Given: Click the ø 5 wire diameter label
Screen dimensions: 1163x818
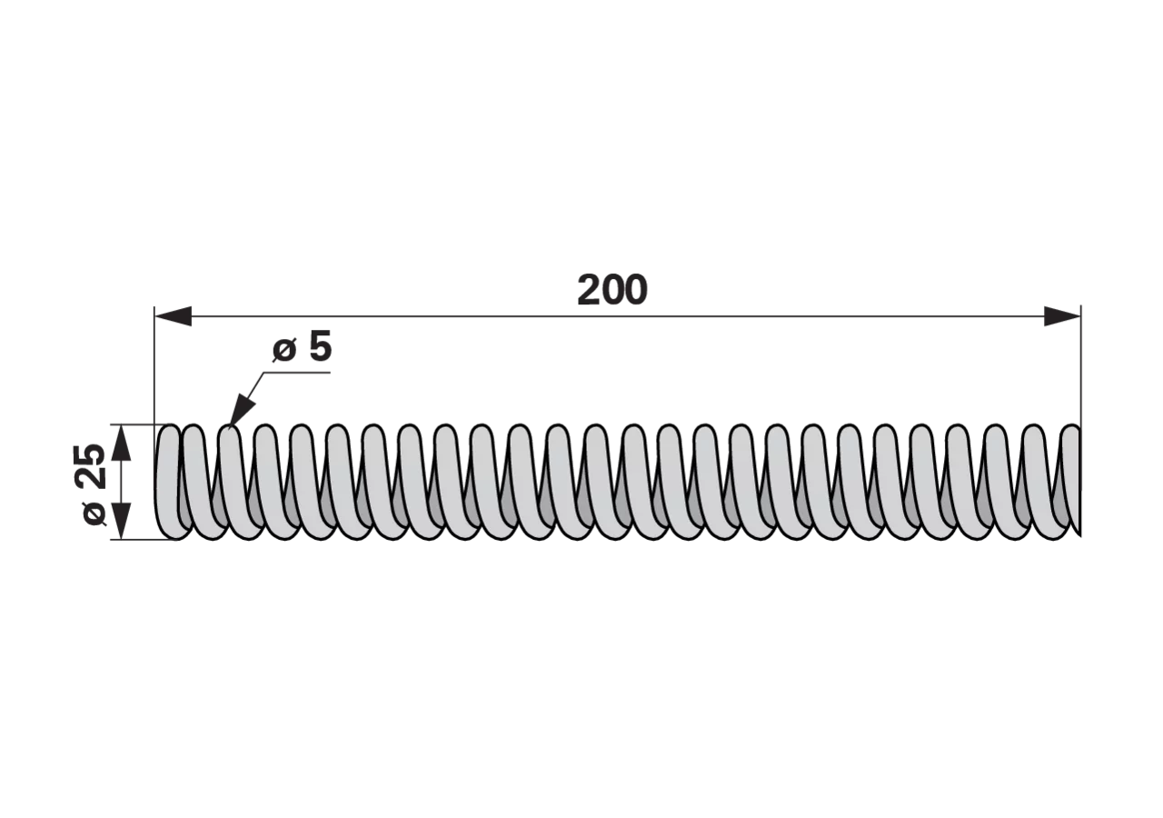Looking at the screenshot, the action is coord(302,348).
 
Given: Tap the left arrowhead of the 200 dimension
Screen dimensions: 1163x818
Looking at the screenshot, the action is coord(173,315).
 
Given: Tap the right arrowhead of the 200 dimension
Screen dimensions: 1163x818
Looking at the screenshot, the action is coord(1062,315).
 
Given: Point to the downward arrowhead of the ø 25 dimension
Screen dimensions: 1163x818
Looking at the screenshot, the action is coord(120,521).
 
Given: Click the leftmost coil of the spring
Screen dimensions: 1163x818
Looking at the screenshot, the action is coord(168,483).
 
